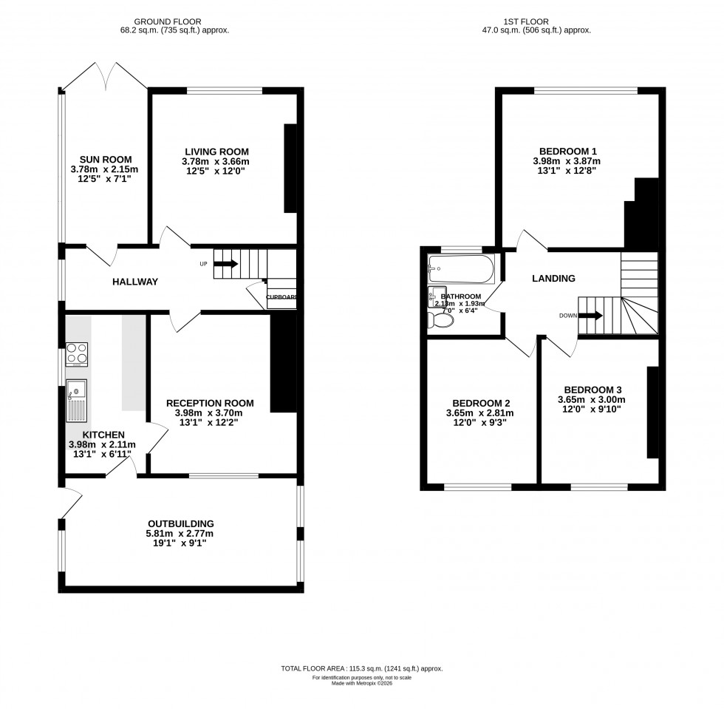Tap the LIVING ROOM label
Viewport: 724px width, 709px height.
(216, 152)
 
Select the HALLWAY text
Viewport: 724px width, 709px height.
(135, 282)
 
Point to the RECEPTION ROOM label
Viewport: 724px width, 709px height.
(214, 403)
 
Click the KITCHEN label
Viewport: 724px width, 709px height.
(103, 435)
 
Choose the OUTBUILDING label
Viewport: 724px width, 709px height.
(180, 523)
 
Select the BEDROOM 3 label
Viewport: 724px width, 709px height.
(592, 390)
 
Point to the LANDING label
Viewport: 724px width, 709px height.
(554, 279)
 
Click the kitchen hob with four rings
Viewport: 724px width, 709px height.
(77, 354)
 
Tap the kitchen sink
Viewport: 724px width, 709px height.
(76, 390)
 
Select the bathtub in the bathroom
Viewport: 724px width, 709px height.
(461, 270)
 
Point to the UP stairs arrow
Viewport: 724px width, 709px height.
(226, 263)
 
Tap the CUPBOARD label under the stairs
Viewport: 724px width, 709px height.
(281, 298)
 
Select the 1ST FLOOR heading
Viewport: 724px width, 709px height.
(536, 22)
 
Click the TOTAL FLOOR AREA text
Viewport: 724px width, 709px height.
(361, 668)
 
